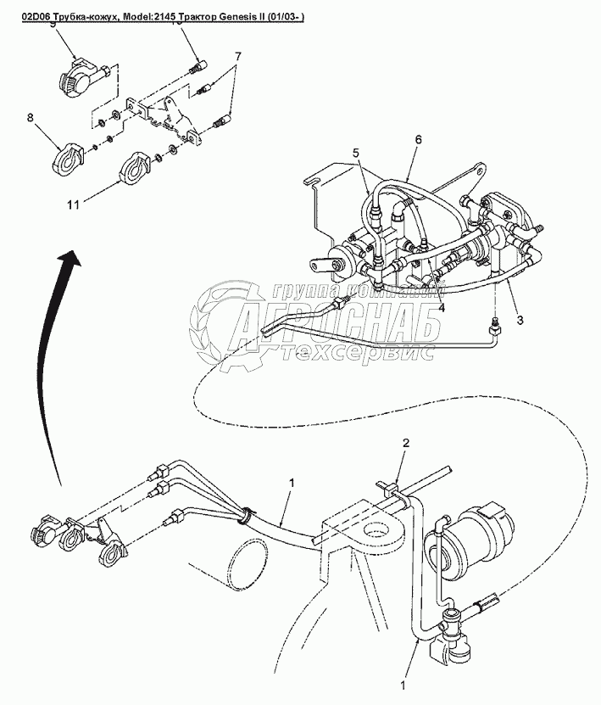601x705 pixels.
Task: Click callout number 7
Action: (x=238, y=56)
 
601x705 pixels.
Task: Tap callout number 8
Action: (x=31, y=119)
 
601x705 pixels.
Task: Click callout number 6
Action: (x=417, y=139)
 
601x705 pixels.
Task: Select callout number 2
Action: (x=405, y=443)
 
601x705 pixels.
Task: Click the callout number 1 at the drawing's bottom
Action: (x=404, y=681)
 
